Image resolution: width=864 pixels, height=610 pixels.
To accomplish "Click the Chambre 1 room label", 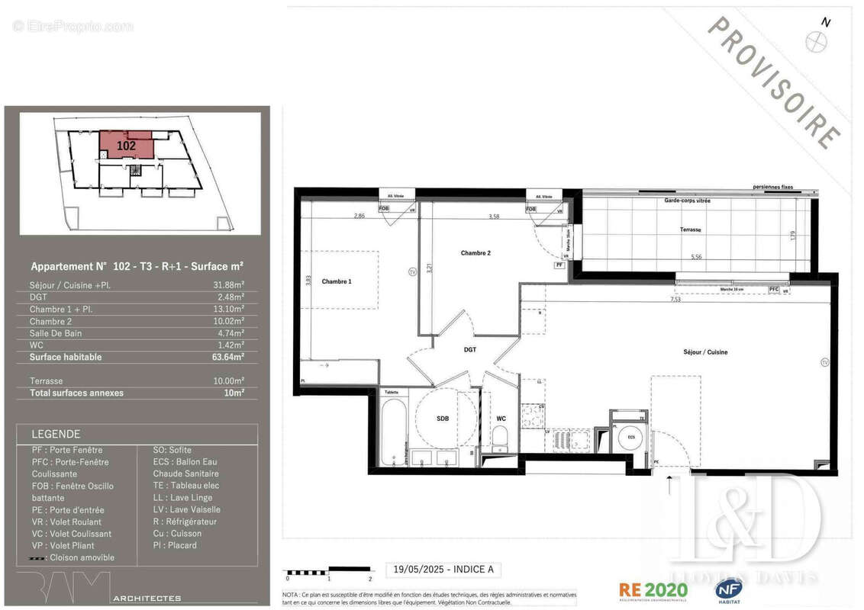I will click(x=337, y=281).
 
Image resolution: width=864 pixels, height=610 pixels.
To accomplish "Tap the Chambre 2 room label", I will click(x=476, y=252).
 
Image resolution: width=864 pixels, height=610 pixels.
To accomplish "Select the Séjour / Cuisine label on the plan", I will click(x=704, y=352).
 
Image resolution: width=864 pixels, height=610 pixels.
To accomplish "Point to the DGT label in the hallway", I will click(x=469, y=349).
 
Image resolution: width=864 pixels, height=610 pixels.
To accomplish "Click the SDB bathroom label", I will click(x=442, y=419).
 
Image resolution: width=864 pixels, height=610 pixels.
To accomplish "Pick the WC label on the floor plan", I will click(x=501, y=419).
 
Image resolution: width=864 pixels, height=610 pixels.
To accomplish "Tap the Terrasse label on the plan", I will click(x=691, y=229).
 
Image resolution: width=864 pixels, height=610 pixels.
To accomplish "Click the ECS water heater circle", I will click(x=631, y=438).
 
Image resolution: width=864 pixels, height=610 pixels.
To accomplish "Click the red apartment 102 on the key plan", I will click(x=127, y=145).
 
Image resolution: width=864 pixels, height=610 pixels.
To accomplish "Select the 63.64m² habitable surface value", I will click(x=229, y=357).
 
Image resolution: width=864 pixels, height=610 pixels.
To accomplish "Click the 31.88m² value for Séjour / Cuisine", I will click(x=229, y=286).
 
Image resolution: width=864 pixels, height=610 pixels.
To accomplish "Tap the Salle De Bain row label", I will click(x=56, y=333).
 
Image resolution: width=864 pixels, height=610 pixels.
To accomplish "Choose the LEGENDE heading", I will click(x=56, y=434).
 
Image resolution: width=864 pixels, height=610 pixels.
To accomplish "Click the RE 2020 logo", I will click(x=653, y=589).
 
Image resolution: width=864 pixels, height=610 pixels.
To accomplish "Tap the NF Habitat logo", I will click(x=730, y=590).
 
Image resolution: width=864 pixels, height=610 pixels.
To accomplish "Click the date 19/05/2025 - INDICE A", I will click(x=443, y=569).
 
